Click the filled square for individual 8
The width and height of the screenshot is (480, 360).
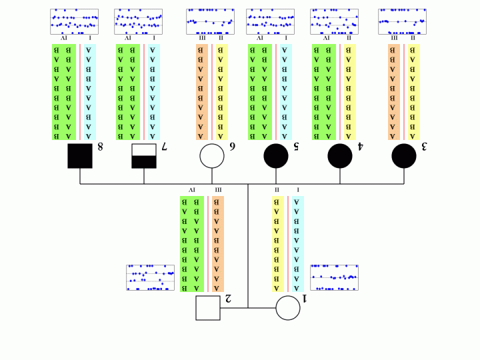[x=80, y=155]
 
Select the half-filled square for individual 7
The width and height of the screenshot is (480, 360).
[x=144, y=155]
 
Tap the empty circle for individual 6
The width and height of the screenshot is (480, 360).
[x=212, y=155]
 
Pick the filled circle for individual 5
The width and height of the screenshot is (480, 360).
[x=276, y=155]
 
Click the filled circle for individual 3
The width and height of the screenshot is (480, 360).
[x=404, y=155]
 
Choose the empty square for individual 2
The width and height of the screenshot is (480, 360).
[x=208, y=308]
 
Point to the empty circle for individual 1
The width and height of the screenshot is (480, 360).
[x=288, y=308]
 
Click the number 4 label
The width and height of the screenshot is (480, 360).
[x=360, y=146]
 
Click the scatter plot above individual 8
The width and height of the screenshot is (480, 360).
[x=74, y=21]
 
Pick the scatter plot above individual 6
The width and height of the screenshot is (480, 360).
[x=210, y=21]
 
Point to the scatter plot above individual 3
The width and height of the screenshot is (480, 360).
[x=402, y=21]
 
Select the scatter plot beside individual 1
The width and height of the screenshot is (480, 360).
[x=334, y=277]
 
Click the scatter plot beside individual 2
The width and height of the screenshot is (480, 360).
[x=150, y=277]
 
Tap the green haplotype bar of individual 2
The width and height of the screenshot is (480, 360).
[x=191, y=243]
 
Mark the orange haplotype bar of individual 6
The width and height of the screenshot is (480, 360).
[x=202, y=92]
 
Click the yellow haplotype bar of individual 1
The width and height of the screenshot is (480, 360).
[x=277, y=243]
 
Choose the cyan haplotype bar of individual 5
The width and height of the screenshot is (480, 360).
[x=285, y=92]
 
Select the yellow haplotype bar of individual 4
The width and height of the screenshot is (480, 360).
[x=349, y=92]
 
